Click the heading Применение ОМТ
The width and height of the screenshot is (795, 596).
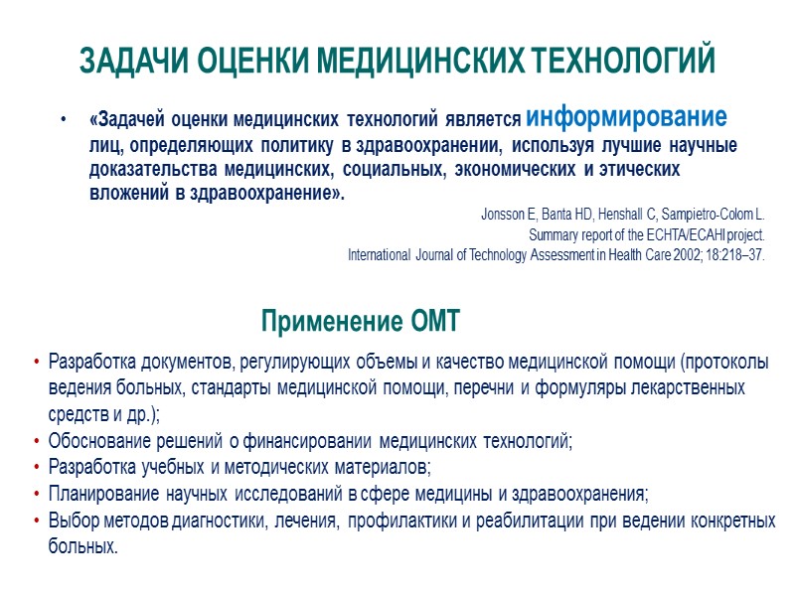(x=361, y=321)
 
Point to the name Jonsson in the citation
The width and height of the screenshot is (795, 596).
(x=502, y=215)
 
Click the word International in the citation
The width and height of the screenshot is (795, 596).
(x=379, y=254)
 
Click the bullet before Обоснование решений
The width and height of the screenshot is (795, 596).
(x=37, y=440)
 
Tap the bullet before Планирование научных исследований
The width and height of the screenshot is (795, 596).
(x=37, y=493)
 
